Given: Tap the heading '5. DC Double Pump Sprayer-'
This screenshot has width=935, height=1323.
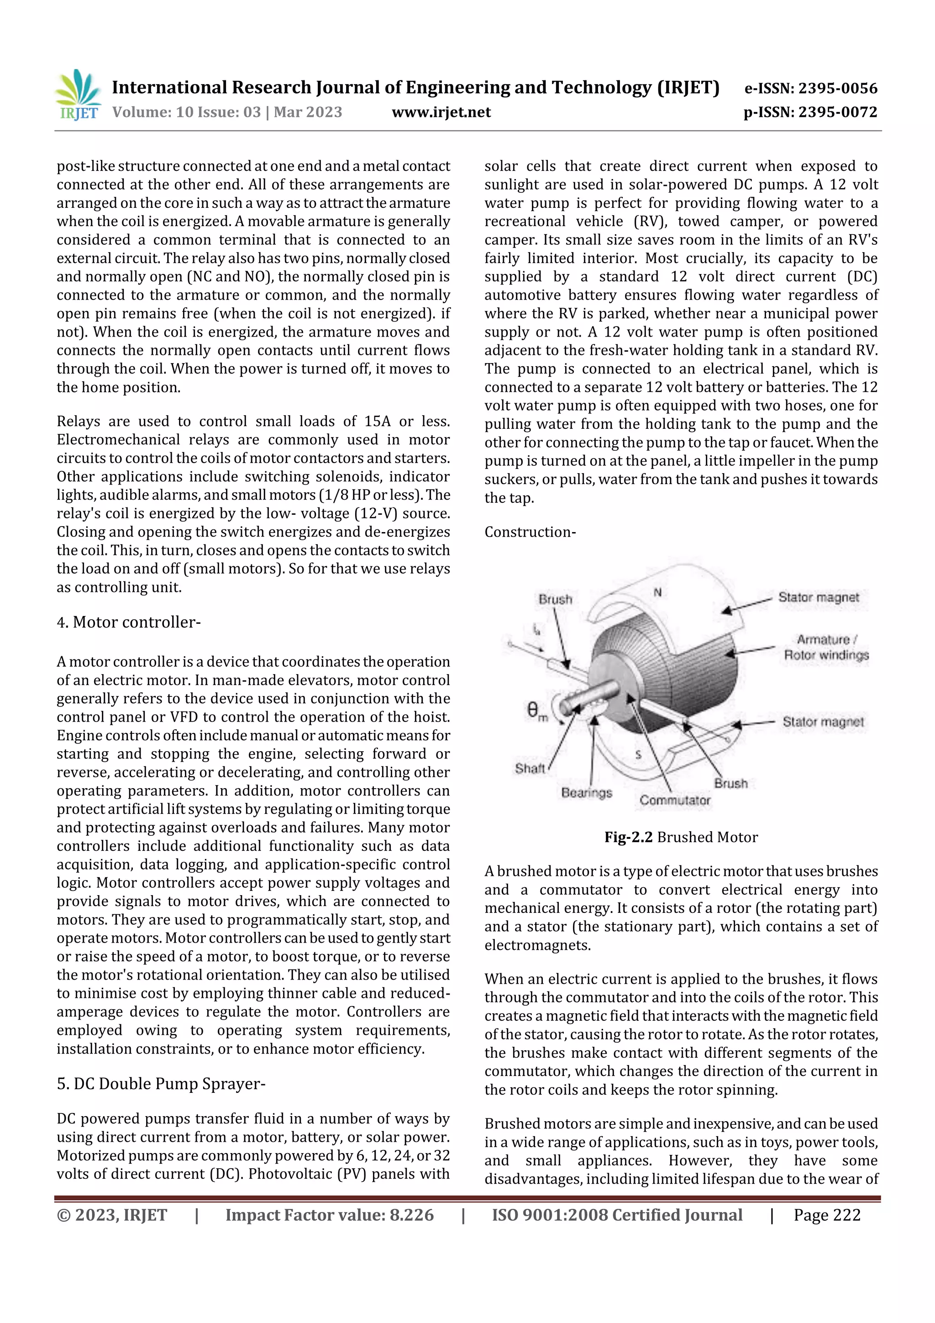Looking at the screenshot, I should [x=161, y=1084].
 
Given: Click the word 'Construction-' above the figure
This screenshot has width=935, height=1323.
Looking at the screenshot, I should [x=530, y=532].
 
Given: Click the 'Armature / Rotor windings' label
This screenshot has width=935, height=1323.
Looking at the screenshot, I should [x=826, y=647].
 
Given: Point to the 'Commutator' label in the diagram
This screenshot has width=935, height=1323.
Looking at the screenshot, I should [x=675, y=801].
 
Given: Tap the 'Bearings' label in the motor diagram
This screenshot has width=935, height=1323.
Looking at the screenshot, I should [x=587, y=793].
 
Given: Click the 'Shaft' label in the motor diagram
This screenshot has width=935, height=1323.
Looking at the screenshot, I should [x=530, y=768].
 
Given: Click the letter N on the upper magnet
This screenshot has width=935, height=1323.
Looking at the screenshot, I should [x=657, y=592].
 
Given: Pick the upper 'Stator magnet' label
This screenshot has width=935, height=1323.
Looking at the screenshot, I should [x=818, y=597].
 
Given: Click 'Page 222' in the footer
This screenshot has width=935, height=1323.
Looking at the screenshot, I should [x=827, y=1215].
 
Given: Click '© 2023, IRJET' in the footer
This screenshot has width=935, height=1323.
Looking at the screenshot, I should [x=112, y=1215].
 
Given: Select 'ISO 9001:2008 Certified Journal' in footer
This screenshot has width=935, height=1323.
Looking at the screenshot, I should [x=616, y=1215].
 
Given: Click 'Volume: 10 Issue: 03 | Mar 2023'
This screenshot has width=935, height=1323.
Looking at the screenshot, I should [x=227, y=112].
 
